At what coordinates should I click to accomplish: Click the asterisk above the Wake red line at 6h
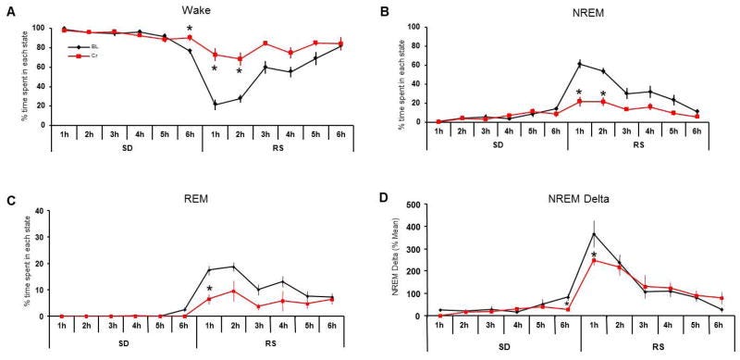(x=190, y=29)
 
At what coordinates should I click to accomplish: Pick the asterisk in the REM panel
(x=210, y=289)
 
